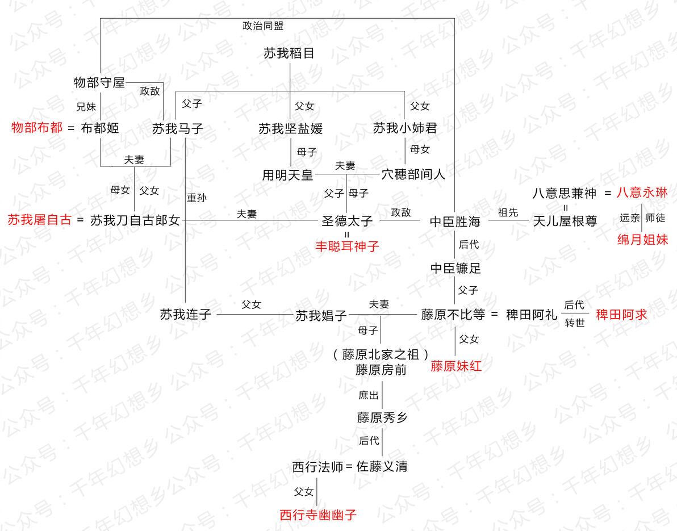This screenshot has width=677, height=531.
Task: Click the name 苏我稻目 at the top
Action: pos(289,53)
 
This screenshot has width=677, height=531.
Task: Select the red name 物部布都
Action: pos(37,128)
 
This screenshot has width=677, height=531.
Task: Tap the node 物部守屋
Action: pos(99,82)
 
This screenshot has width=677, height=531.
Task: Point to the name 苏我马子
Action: pos(177,129)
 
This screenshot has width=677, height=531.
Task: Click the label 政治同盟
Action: pos(263,26)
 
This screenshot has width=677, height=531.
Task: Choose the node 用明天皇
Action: pos(287,175)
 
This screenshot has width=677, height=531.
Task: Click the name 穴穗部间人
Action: pos(413,174)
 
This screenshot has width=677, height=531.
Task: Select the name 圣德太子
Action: pos(347,221)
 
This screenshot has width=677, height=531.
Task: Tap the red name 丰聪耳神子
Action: pos(347,246)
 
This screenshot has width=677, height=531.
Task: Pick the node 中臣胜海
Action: pos(455,221)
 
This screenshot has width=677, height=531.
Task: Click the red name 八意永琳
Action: pos(642,193)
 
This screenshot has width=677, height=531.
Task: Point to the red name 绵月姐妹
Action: pos(642,240)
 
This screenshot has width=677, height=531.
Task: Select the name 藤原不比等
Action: pos(453,315)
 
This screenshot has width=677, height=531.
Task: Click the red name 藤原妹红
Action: pos(456,366)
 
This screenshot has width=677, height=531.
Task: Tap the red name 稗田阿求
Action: pos(621,315)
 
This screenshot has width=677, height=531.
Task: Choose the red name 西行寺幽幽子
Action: pos(318,515)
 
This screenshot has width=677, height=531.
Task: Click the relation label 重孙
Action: pos(197,198)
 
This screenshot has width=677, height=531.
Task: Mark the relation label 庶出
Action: pos(368,395)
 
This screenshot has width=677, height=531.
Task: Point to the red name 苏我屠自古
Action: pos(39,220)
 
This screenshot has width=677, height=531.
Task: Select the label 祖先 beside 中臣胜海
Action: pos(508,212)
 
